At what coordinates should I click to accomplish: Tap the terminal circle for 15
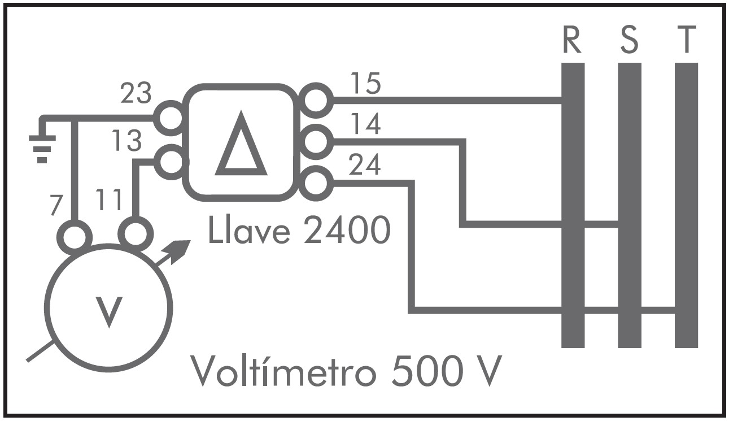(x=316, y=99)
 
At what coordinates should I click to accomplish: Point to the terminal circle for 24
(x=316, y=183)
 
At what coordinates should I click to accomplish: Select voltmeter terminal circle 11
(x=136, y=233)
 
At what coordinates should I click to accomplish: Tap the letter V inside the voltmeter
(x=108, y=311)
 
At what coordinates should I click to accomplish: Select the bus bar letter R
(x=572, y=41)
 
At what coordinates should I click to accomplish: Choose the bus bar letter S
(x=629, y=41)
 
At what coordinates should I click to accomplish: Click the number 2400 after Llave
(x=346, y=231)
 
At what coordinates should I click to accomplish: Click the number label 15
(x=365, y=84)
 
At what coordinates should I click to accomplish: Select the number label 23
(x=136, y=94)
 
